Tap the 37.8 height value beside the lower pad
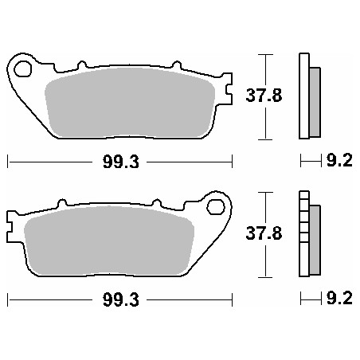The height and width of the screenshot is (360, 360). coord(262,234)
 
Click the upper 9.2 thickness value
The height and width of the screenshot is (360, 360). coord(339,162)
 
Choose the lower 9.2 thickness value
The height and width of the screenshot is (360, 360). coord(339,301)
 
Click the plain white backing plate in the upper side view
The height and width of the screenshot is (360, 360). coord(303,96)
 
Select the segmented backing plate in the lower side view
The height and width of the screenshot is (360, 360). coord(303,231)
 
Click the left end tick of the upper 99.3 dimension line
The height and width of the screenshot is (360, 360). coord(7,162)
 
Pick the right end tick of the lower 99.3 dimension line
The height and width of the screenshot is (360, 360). coord(231,301)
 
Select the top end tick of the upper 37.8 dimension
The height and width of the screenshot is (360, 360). coord(266,54)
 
